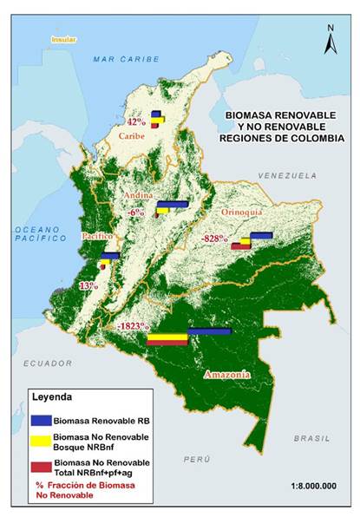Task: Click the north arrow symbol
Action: pyautogui.click(x=331, y=39)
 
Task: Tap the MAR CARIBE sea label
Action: pyautogui.click(x=128, y=58)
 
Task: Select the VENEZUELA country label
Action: pyautogui.click(x=281, y=175)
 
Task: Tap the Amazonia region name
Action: pyautogui.click(x=227, y=375)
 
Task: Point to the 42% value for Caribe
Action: pyautogui.click(x=137, y=122)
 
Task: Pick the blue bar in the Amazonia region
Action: pyautogui.click(x=209, y=331)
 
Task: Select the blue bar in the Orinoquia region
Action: pyautogui.click(x=261, y=234)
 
